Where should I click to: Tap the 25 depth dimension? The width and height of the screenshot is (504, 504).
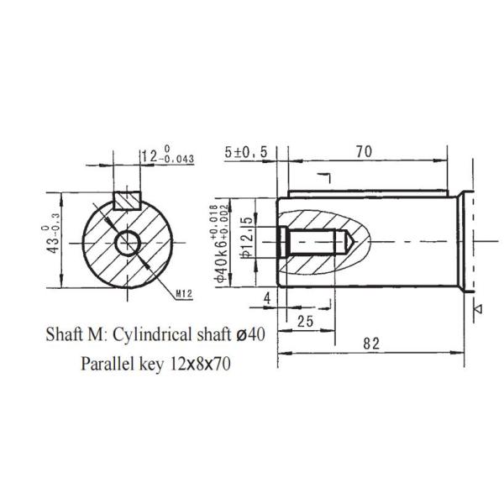click(305, 322)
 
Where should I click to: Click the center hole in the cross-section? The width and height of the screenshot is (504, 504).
click(129, 244)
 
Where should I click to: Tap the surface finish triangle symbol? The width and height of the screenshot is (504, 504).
click(478, 309)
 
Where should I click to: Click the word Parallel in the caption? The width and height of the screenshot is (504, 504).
click(108, 365)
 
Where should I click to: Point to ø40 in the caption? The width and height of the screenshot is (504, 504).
click(250, 333)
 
